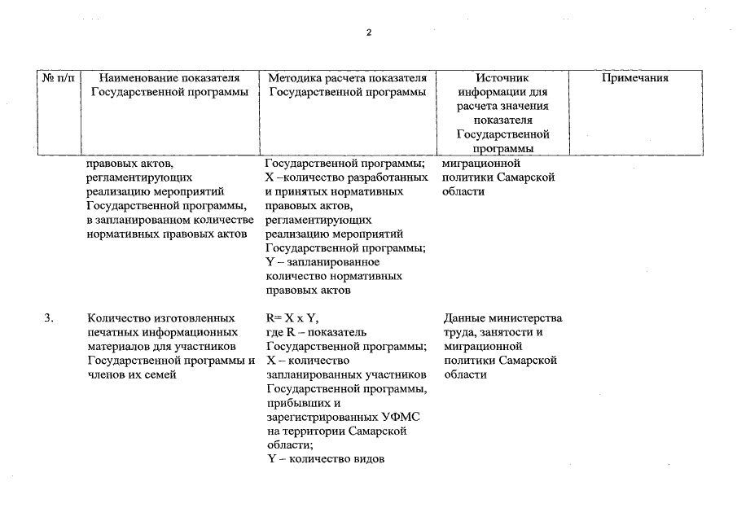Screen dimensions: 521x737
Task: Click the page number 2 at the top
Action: coord(368,33)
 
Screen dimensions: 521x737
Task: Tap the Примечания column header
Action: coord(634,78)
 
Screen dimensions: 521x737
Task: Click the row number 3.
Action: coord(50,318)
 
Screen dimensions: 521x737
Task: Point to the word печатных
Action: coord(112,332)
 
